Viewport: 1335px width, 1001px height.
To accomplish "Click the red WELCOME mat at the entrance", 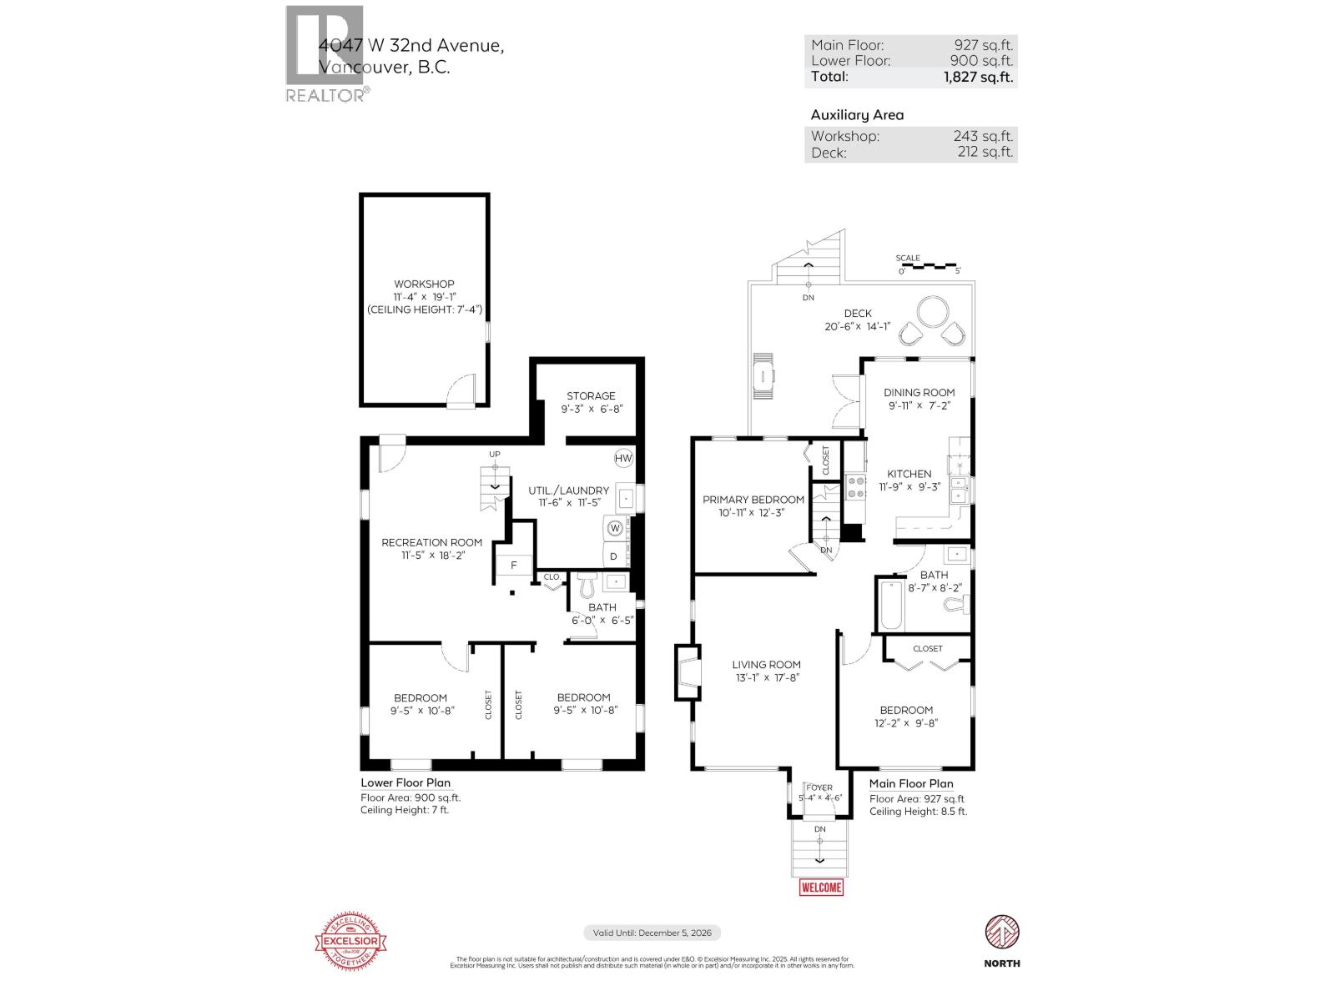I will tap(821, 887).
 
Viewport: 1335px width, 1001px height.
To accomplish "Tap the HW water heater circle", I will tap(623, 458).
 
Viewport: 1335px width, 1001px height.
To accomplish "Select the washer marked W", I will tap(615, 528).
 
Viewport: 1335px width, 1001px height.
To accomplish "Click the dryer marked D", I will tap(615, 556).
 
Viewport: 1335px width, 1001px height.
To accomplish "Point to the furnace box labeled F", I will tap(514, 565).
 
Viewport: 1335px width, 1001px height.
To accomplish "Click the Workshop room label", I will tap(424, 284).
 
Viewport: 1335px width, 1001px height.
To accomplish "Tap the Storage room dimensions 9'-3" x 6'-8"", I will tap(592, 410).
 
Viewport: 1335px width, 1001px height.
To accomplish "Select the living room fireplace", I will tap(687, 672).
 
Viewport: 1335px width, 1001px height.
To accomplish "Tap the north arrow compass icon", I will tap(1001, 931).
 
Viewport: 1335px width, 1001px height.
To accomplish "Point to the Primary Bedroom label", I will tap(753, 500).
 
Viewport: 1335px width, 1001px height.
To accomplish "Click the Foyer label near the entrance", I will tap(819, 787).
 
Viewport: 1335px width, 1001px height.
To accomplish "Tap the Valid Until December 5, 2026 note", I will tap(652, 933).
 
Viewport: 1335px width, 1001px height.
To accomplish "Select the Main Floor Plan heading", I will tap(910, 784).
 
